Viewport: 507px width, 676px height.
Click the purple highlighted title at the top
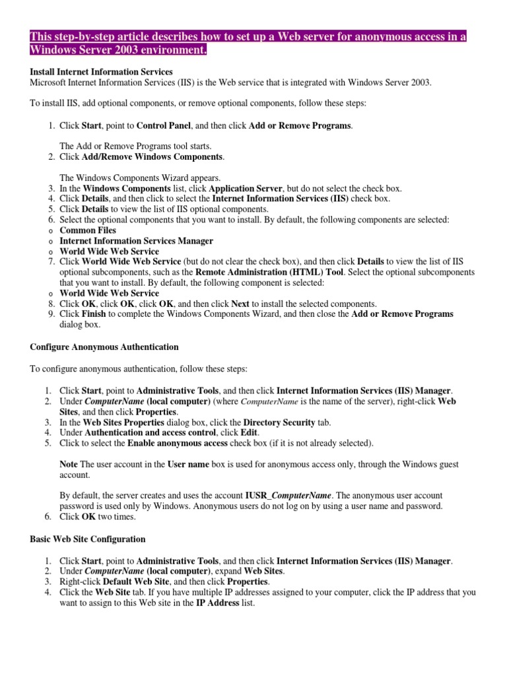[x=248, y=44]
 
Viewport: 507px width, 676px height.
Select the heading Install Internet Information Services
[x=101, y=71]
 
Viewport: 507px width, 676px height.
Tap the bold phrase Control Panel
[x=164, y=125]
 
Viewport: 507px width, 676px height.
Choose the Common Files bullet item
[x=88, y=230]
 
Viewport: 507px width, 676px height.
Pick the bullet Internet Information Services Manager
[x=136, y=241]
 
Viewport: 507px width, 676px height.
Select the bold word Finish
[x=94, y=315]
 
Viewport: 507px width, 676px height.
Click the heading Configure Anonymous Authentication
[x=104, y=347]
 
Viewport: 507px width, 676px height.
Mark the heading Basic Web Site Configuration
[x=88, y=539]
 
